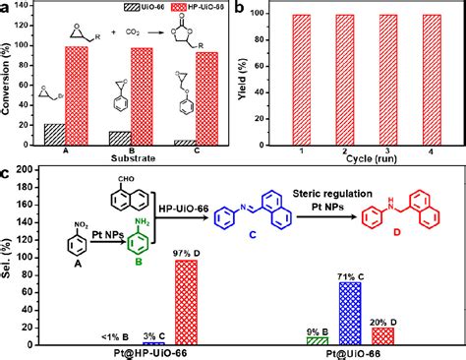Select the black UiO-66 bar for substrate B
pyautogui.click(x=120, y=139)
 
